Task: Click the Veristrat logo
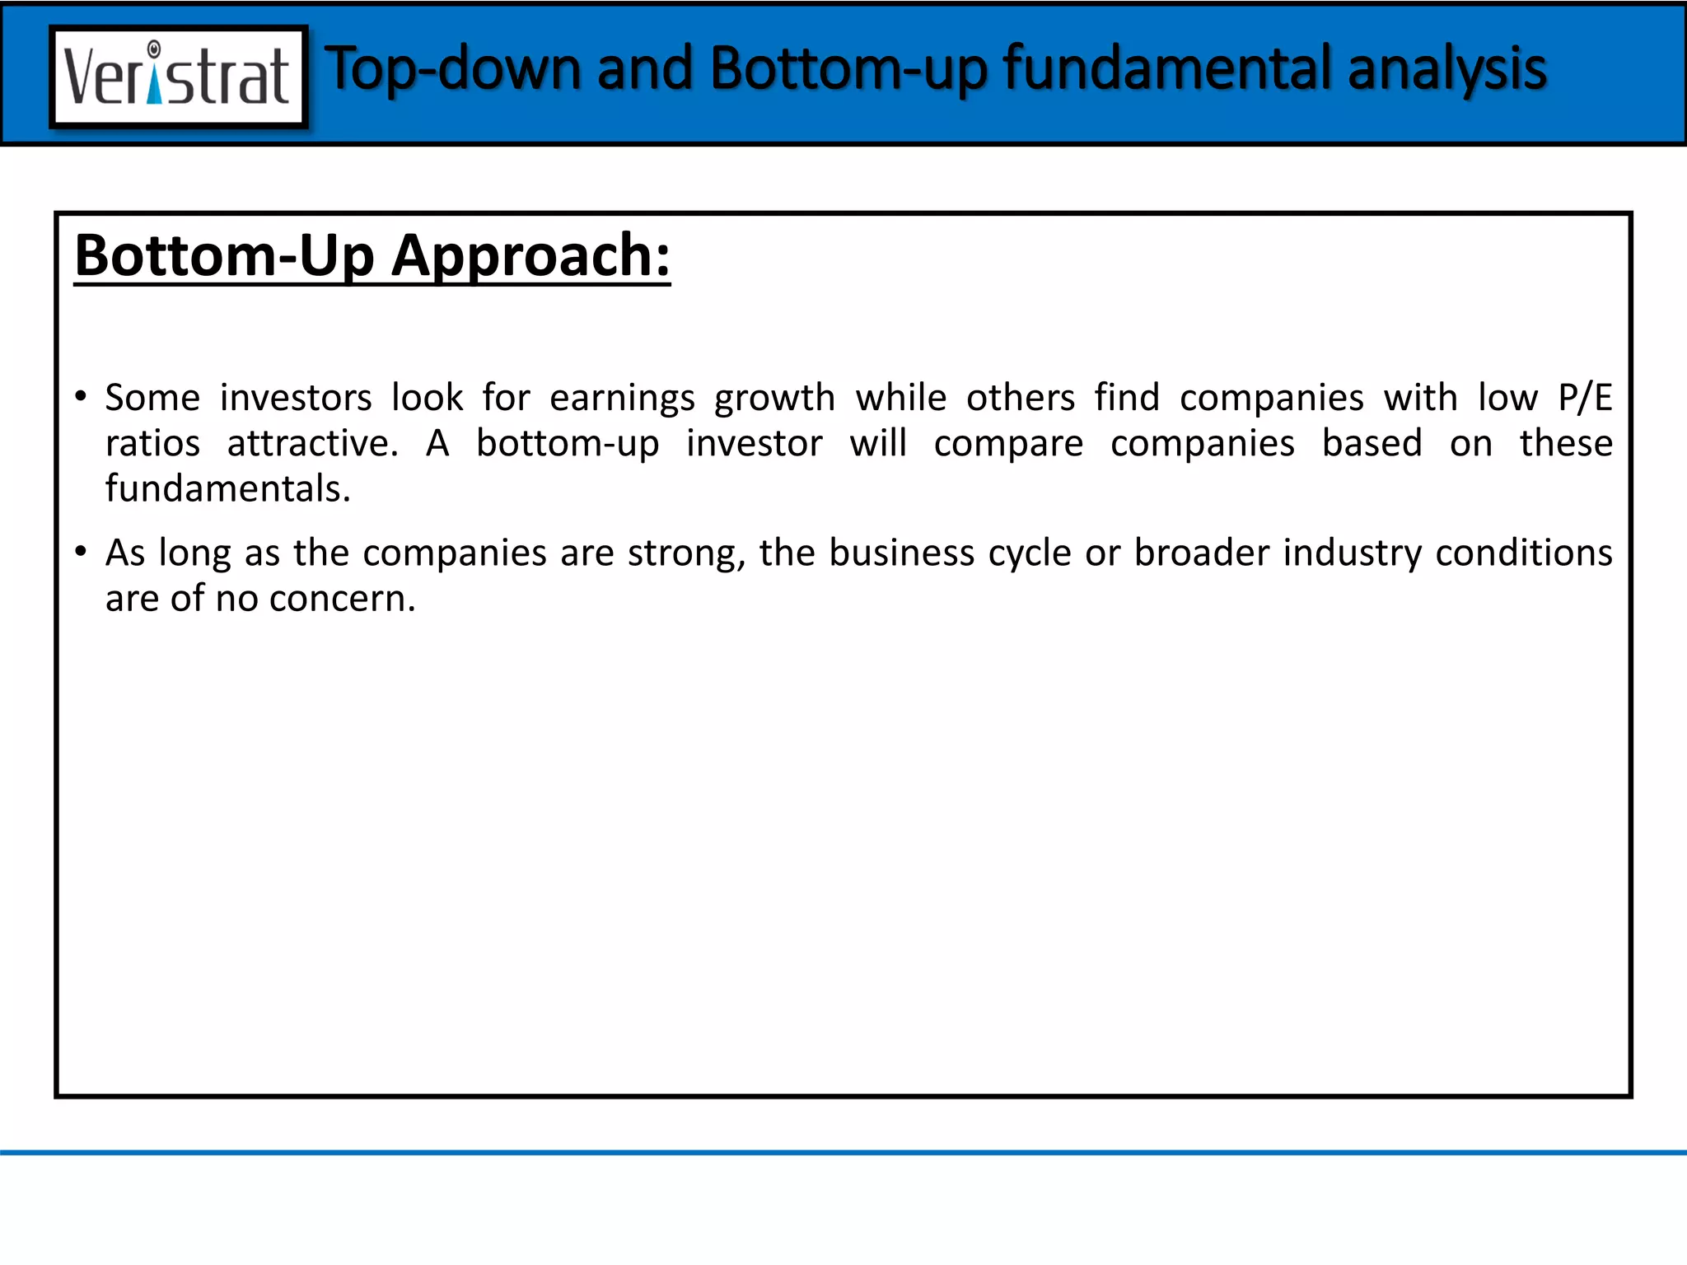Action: pyautogui.click(x=179, y=77)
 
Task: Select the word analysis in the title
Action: pyautogui.click(x=1447, y=68)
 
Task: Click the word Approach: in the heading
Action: pyautogui.click(x=530, y=256)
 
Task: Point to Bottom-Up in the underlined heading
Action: pyautogui.click(x=224, y=256)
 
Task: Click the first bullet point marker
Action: pyautogui.click(x=81, y=397)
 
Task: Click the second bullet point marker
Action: pyautogui.click(x=81, y=552)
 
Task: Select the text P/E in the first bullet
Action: pyautogui.click(x=1584, y=398)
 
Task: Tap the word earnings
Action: pyautogui.click(x=622, y=399)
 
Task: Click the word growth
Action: pyautogui.click(x=774, y=399)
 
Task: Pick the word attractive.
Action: pyautogui.click(x=313, y=444)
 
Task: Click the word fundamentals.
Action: pyautogui.click(x=228, y=489)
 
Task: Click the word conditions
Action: pyautogui.click(x=1523, y=553)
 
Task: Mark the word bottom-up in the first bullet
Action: pyautogui.click(x=568, y=444)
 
